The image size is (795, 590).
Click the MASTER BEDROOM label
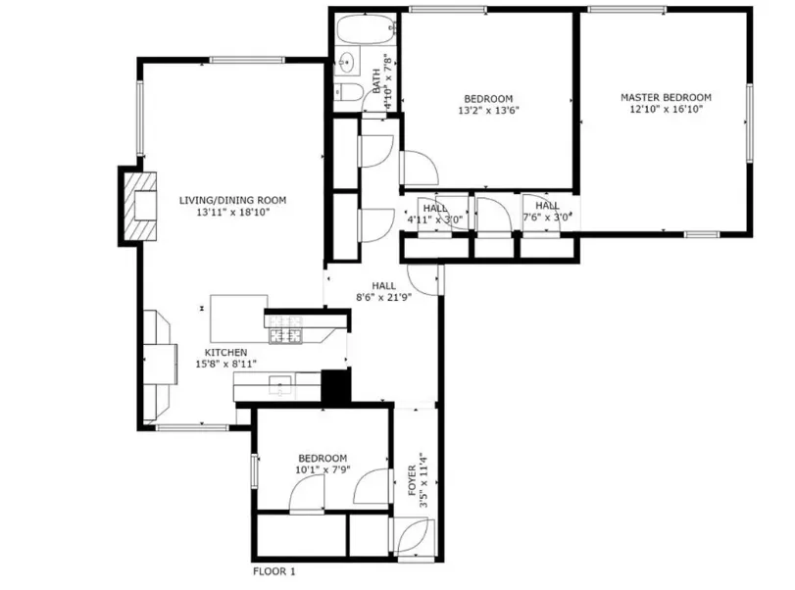[665, 97]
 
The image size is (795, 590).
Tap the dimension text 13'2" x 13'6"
[487, 111]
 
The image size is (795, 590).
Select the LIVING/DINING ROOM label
[225, 199]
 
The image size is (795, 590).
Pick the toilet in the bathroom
[348, 94]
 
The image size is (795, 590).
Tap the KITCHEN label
[225, 352]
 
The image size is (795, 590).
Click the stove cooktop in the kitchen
[288, 328]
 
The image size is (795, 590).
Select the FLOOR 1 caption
[273, 570]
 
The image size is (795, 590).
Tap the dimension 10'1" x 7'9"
[322, 470]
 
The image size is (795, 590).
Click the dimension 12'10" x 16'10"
[665, 110]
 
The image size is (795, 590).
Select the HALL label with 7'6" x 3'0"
[546, 213]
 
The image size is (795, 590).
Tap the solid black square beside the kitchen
[335, 385]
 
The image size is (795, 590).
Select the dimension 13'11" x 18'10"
[225, 212]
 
